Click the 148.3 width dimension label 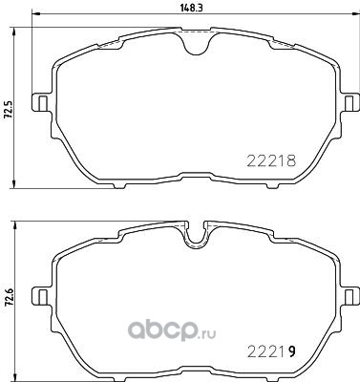[x=192, y=9]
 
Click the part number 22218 [x=271, y=161]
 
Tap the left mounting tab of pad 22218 [x=41, y=102]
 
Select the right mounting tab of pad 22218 [x=350, y=102]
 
